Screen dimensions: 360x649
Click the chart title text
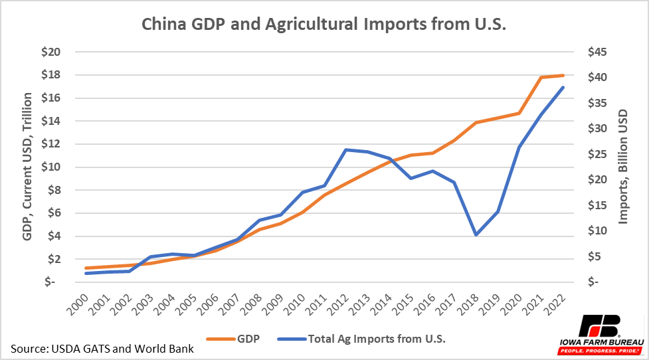tap(324, 25)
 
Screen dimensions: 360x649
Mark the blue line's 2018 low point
tap(476, 234)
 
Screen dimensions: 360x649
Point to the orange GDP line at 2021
tap(541, 78)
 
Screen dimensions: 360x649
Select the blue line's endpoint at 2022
tap(563, 87)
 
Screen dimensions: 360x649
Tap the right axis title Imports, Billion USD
tap(623, 167)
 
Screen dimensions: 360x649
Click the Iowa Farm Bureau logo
tap(599, 332)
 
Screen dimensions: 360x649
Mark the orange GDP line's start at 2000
tap(86, 268)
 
